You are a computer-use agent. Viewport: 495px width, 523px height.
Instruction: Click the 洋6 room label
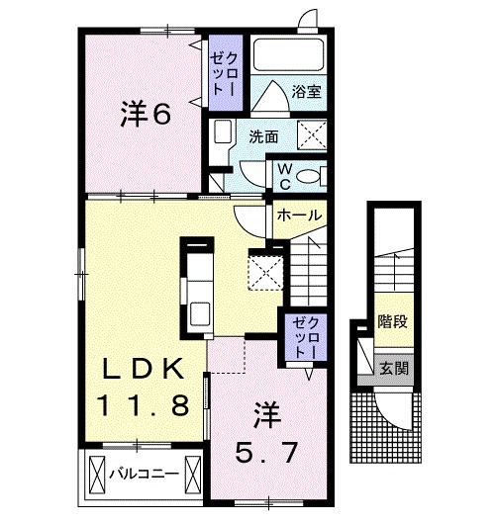146,115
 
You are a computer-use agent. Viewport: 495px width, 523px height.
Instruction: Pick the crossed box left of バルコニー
97,474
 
